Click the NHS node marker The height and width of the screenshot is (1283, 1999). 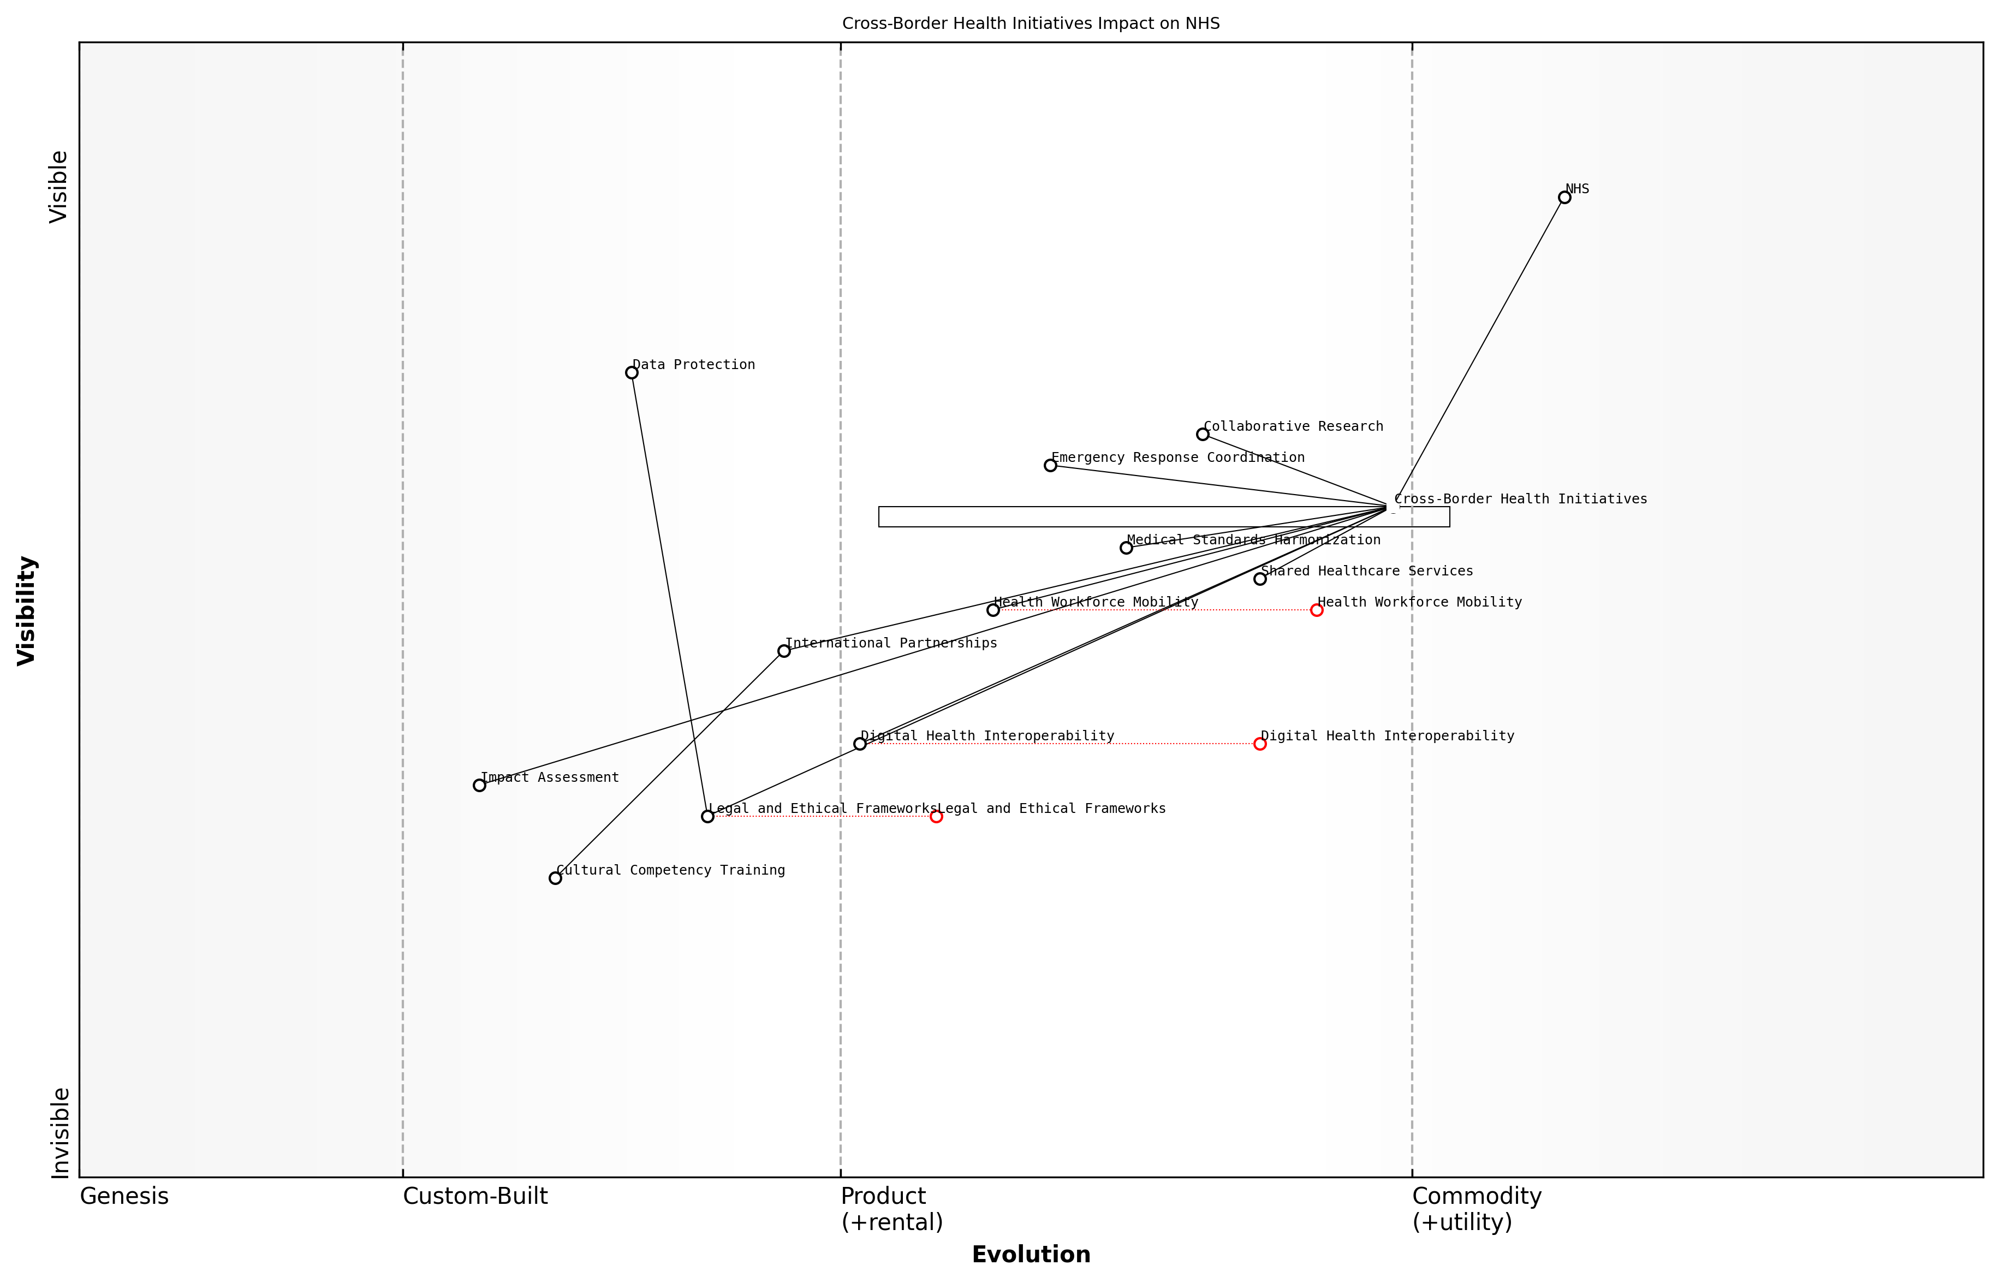[x=1564, y=198]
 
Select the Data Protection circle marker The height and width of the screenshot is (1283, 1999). [x=632, y=372]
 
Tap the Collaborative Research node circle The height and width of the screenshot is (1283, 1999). [x=1202, y=434]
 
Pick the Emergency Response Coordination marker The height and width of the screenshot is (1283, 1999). [x=1050, y=465]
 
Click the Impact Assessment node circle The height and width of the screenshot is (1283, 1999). [x=479, y=785]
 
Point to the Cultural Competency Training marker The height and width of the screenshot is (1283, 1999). [x=555, y=878]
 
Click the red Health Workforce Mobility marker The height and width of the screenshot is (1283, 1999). [x=1316, y=610]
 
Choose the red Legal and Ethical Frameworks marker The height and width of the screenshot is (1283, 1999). [x=936, y=816]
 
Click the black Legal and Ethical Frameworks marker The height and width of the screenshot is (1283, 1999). [x=707, y=816]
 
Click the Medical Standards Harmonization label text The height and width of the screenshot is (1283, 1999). [x=1253, y=540]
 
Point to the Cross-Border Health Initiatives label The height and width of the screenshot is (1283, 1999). [x=1520, y=499]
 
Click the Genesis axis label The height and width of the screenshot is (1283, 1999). [x=124, y=1196]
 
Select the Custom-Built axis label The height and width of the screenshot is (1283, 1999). [x=475, y=1196]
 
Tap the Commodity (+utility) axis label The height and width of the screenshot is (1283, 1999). [x=1476, y=1209]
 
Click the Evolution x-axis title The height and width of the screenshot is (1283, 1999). [x=1030, y=1255]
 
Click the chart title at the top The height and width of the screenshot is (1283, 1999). [x=1030, y=23]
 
